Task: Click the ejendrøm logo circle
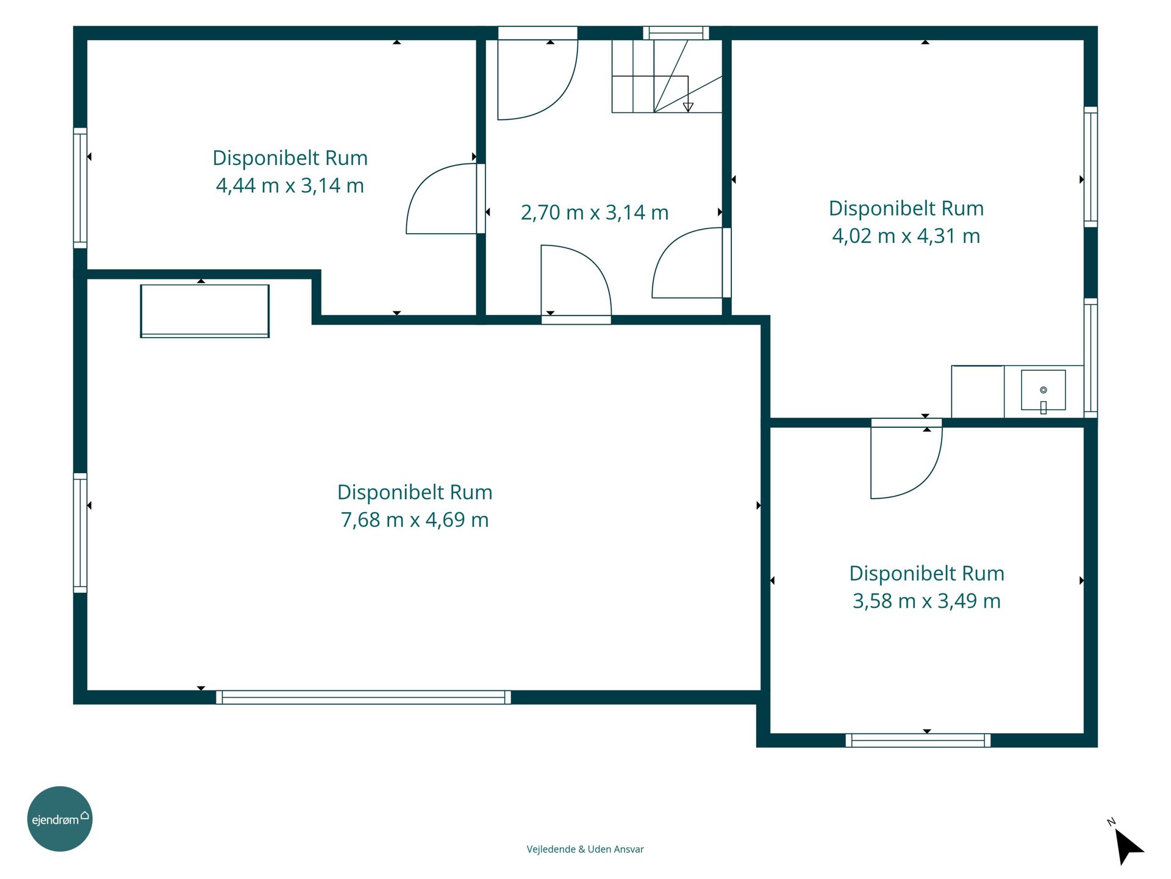[60, 819]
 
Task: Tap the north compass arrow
[1128, 846]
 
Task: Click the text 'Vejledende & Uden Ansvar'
[585, 849]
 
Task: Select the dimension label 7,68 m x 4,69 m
[415, 519]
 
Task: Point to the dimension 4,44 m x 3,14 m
[290, 185]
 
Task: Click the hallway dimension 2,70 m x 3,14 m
[595, 212]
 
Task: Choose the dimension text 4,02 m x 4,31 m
[906, 236]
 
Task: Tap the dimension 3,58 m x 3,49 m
[926, 601]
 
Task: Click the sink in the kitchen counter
[1044, 390]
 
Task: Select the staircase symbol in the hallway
[667, 76]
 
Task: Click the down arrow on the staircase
[688, 107]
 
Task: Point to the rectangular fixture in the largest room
[205, 311]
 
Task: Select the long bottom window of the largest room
[363, 697]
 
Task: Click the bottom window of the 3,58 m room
[918, 740]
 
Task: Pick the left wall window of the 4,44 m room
[80, 188]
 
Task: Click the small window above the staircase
[676, 33]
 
